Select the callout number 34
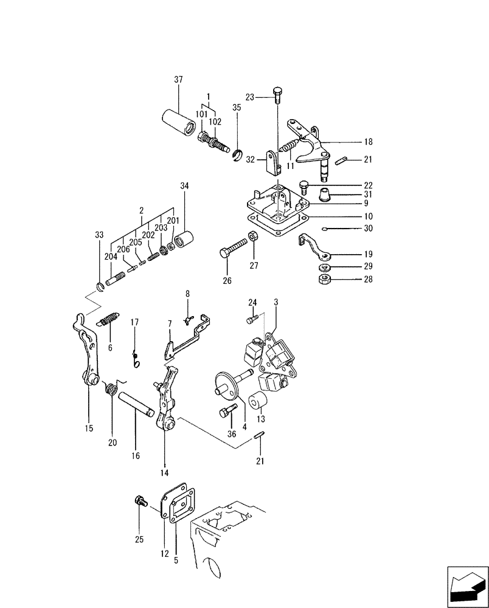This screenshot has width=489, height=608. tap(185, 185)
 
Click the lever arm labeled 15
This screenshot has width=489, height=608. tap(88, 353)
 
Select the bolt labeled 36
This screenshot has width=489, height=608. tap(226, 413)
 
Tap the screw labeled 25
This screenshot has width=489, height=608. tap(138, 502)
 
